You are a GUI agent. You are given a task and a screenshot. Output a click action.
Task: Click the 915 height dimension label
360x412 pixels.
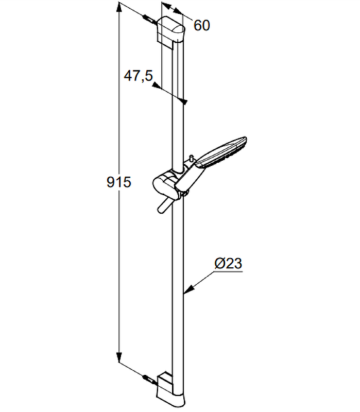click(119, 182)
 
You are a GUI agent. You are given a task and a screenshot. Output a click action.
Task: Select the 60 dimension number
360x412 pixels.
click(202, 25)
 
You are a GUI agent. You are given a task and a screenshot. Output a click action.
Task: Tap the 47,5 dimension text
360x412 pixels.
click(138, 76)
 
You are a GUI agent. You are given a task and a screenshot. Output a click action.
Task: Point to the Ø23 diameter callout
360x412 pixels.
click(228, 263)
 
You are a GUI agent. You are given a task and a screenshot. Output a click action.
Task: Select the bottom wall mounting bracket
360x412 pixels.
click(171, 389)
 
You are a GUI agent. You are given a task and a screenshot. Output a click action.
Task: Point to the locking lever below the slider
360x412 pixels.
click(164, 205)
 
